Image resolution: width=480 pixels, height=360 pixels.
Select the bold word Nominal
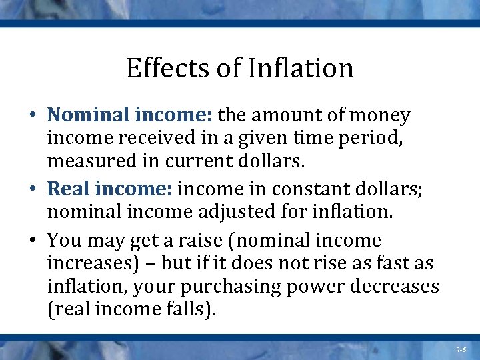(x=87, y=115)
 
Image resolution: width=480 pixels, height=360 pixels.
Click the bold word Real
(x=69, y=189)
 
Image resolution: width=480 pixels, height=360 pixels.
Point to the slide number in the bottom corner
(x=461, y=349)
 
